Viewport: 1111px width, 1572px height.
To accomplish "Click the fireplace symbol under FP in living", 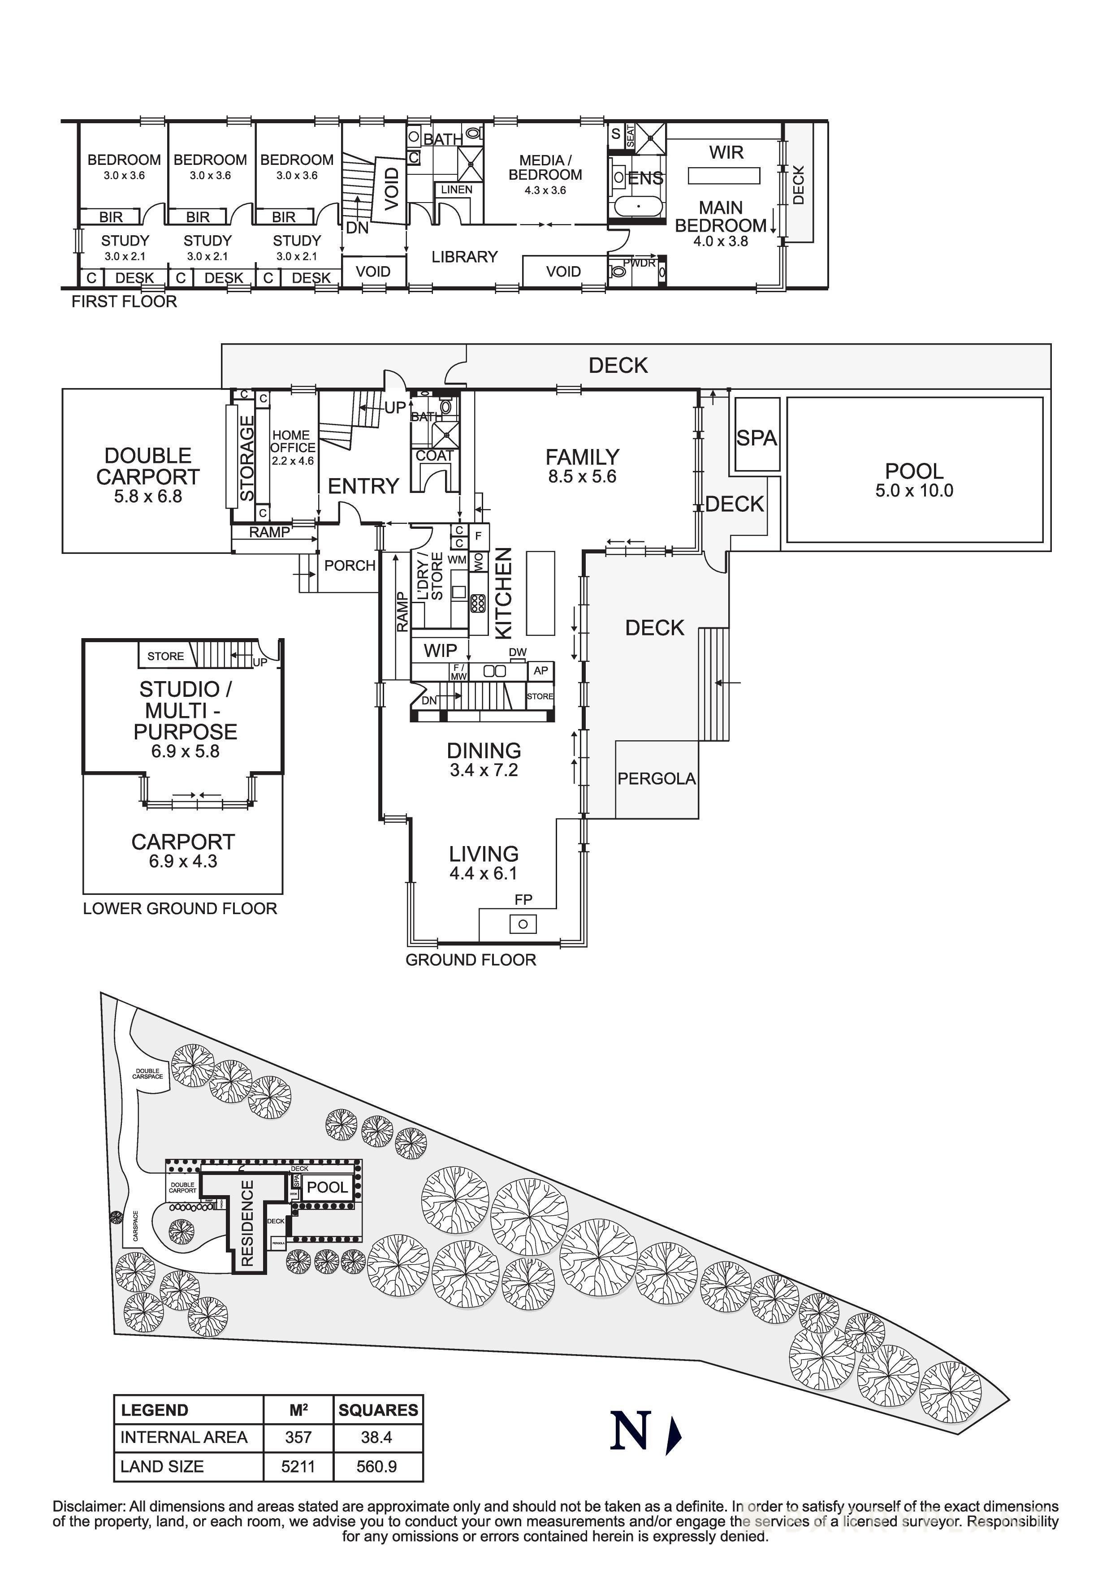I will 523,924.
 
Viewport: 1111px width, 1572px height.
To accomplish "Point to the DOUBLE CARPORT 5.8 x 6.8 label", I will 148,475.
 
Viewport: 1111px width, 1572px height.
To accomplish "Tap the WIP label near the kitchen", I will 440,650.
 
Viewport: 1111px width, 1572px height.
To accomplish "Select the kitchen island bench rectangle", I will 540,593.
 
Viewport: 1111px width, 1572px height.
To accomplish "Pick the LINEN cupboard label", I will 457,190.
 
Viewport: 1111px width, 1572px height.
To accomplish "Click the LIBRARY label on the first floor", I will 464,257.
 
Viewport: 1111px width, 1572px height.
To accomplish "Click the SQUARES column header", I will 378,1410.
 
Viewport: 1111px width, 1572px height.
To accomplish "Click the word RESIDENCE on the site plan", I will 247,1223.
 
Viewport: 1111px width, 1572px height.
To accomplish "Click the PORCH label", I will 350,566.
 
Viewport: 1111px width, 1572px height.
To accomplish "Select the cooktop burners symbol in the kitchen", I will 478,603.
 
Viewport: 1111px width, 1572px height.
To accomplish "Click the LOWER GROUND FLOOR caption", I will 180,908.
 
